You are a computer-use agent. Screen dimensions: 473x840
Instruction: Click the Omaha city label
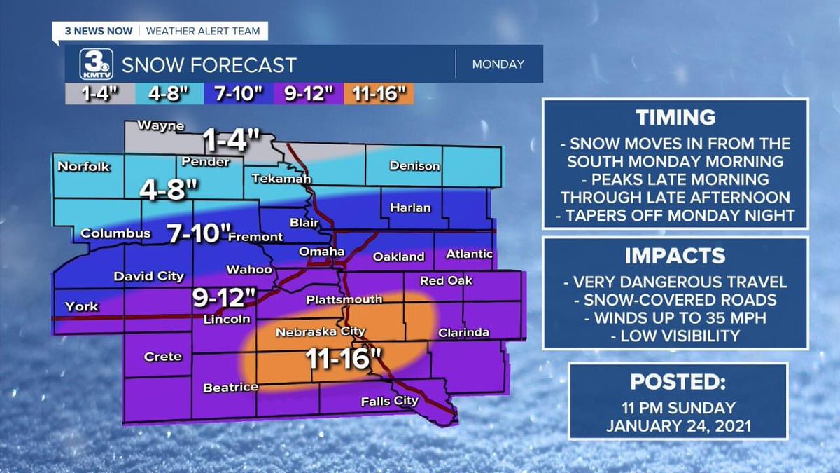pos(321,252)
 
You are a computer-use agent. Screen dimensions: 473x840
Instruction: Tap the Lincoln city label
pos(227,320)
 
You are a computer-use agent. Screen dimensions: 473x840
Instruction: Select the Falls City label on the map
pos(389,402)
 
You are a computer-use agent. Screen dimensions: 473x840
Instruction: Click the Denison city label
pos(414,166)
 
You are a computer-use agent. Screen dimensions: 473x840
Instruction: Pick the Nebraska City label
pos(311,331)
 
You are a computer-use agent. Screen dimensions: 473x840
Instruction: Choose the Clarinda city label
pos(463,332)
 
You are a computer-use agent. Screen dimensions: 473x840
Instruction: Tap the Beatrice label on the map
pos(230,387)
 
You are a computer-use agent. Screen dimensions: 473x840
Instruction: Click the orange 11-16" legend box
pos(379,94)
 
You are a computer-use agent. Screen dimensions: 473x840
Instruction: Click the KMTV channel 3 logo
pos(93,64)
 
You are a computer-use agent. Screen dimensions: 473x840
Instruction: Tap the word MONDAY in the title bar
pos(498,64)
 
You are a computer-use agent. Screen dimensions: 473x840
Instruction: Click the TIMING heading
pos(675,118)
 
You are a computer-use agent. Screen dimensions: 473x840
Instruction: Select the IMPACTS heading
pos(675,255)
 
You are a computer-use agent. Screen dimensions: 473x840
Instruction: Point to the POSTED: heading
pos(677,382)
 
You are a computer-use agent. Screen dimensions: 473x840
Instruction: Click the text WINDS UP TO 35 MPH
pos(675,318)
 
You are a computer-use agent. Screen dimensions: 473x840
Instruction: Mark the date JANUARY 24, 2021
pos(677,425)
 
